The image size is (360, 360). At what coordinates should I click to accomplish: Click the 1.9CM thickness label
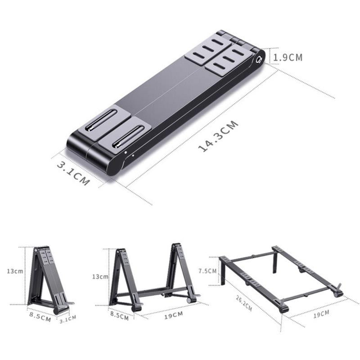[x=288, y=57]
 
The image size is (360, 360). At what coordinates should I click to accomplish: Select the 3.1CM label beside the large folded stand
[x=73, y=174]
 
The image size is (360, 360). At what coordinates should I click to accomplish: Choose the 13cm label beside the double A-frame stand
[x=100, y=276]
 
